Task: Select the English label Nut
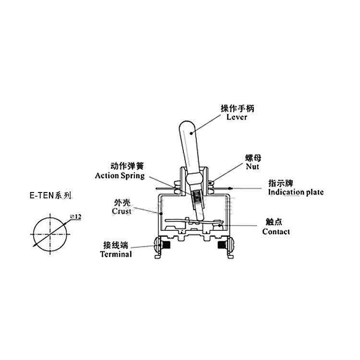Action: coord(252,167)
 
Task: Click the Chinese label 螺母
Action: coord(252,158)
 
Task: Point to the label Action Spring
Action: coord(120,176)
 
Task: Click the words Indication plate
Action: coord(296,192)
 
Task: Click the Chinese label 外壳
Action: coord(120,203)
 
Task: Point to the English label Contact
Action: coord(276,232)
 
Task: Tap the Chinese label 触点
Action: coord(274,222)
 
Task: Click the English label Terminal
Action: coord(116,254)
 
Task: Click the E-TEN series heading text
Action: coord(50,195)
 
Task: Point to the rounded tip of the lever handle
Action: coord(187,126)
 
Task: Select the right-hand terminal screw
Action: coord(223,245)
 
